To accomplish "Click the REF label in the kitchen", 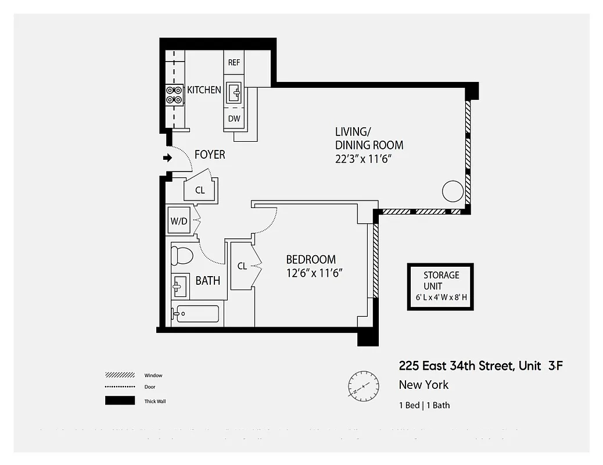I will [x=234, y=63].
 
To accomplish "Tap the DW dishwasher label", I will [x=234, y=119].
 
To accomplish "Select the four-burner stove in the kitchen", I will [x=174, y=95].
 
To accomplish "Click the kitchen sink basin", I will [x=235, y=92].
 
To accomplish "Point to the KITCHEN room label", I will [x=204, y=90].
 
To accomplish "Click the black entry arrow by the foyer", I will [x=168, y=157].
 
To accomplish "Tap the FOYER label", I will [x=210, y=155].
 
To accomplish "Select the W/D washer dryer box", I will [x=178, y=221].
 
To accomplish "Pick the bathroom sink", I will [x=180, y=285].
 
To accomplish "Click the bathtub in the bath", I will [x=196, y=314].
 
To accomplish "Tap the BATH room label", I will [x=207, y=281].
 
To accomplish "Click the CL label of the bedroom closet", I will [x=242, y=266].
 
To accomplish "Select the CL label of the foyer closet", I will [x=200, y=190].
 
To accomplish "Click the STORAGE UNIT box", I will [x=440, y=286].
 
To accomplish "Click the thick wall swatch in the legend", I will [x=120, y=400].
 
